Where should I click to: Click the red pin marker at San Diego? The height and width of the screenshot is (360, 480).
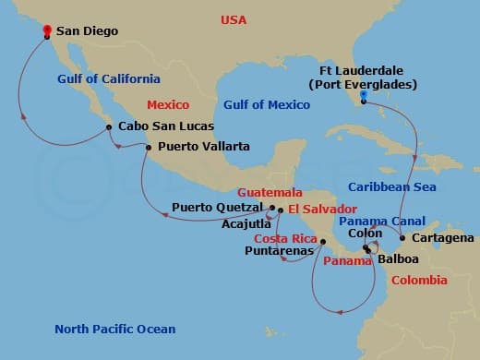[x=46, y=30]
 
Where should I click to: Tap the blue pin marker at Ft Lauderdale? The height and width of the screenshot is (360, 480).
[x=364, y=95]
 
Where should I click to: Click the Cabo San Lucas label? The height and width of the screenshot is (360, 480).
[x=165, y=126]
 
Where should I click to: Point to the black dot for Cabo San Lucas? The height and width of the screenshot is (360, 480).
[x=109, y=126]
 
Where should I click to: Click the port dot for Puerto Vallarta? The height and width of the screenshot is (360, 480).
[x=147, y=146]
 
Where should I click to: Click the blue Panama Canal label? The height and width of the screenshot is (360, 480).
[x=381, y=221]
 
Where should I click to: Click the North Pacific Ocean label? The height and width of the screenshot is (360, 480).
[x=114, y=329]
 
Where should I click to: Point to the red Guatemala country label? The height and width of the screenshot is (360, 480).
[x=270, y=192]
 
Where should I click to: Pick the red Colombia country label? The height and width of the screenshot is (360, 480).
[x=419, y=280]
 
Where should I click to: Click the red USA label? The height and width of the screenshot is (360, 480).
[x=234, y=19]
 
